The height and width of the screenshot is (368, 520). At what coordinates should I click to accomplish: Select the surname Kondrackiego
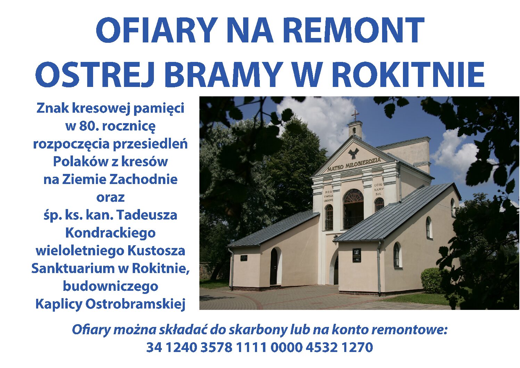click(110, 233)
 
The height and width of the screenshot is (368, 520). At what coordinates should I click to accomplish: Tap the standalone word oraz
click(110, 198)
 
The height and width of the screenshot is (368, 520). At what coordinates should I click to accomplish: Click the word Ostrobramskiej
click(135, 304)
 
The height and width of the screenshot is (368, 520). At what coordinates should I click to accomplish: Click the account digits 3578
click(216, 347)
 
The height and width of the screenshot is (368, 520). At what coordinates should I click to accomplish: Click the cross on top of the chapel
click(355, 115)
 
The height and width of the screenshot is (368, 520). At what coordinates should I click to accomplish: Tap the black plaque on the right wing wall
click(357, 255)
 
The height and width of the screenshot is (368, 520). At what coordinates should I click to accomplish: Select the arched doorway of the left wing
click(274, 266)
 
